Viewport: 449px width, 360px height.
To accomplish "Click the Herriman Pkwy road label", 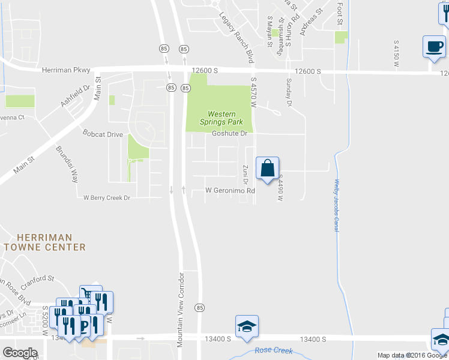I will (66, 70).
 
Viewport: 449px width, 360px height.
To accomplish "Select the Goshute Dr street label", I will (230, 133).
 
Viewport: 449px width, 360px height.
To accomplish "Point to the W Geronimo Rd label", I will (231, 191).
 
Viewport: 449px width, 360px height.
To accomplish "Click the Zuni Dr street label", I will (246, 174).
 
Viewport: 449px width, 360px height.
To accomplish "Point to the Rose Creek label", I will (274, 350).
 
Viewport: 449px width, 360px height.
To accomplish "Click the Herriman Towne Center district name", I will (44, 242).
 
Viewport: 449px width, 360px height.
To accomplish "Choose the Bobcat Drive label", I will (103, 134).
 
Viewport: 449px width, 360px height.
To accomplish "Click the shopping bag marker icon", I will (267, 168).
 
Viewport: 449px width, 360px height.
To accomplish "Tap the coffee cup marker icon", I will (433, 46).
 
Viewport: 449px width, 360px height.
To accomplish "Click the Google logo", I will (20, 353).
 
